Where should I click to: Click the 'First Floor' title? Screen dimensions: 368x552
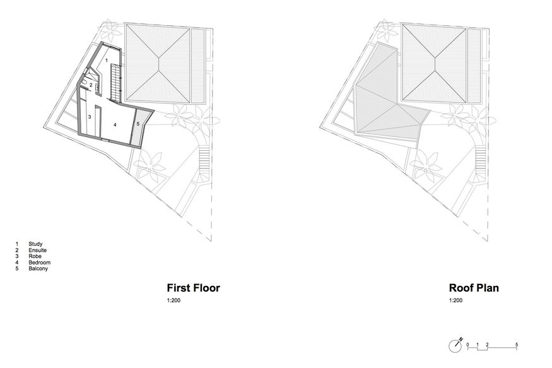(192, 288)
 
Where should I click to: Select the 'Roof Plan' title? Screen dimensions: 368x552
(474, 288)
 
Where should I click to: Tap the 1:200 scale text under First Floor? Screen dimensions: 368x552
(173, 301)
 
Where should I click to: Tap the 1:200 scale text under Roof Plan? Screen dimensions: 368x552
(455, 301)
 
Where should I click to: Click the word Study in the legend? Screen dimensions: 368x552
(35, 244)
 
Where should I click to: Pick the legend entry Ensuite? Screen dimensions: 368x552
(37, 250)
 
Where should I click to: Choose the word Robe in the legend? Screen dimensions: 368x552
(34, 256)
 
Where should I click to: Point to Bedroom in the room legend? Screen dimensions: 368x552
(38, 263)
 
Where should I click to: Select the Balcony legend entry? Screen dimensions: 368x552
(38, 269)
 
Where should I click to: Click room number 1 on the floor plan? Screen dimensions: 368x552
(107, 59)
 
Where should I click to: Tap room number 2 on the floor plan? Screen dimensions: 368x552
(91, 85)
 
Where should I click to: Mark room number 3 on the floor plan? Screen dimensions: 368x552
(90, 117)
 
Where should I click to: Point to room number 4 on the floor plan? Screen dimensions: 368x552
(115, 125)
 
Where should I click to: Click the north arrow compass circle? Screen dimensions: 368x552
(455, 347)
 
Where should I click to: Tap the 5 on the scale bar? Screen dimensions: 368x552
(517, 344)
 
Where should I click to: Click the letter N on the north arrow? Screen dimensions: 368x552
(462, 340)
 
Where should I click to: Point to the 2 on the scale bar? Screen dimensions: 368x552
(487, 344)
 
